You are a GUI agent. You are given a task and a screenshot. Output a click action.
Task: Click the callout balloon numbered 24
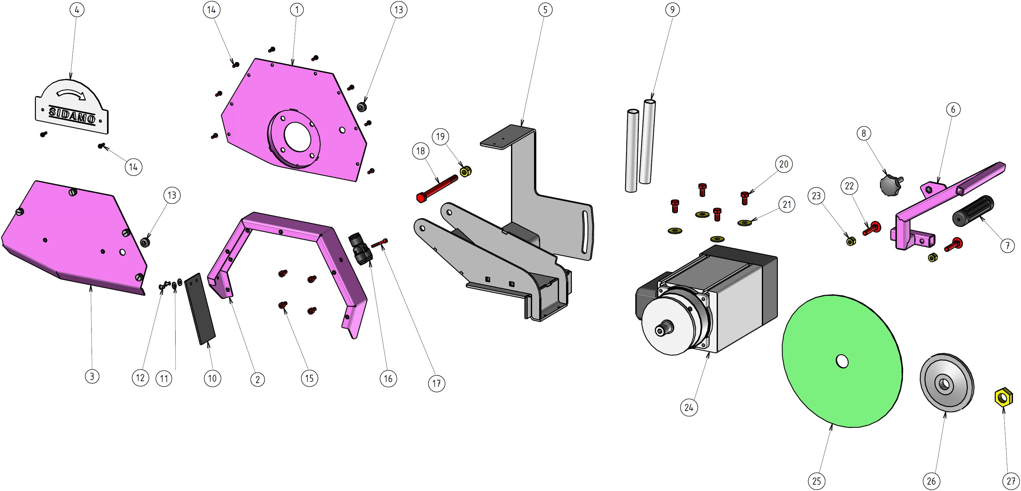689,407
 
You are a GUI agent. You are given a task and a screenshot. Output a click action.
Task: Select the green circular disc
842,361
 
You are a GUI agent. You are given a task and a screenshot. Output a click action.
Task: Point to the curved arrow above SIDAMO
71,94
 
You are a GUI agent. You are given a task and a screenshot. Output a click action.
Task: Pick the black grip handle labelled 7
973,210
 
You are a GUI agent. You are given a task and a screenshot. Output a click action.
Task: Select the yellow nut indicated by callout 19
465,171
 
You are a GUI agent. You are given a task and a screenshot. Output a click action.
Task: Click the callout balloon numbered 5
545,10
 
